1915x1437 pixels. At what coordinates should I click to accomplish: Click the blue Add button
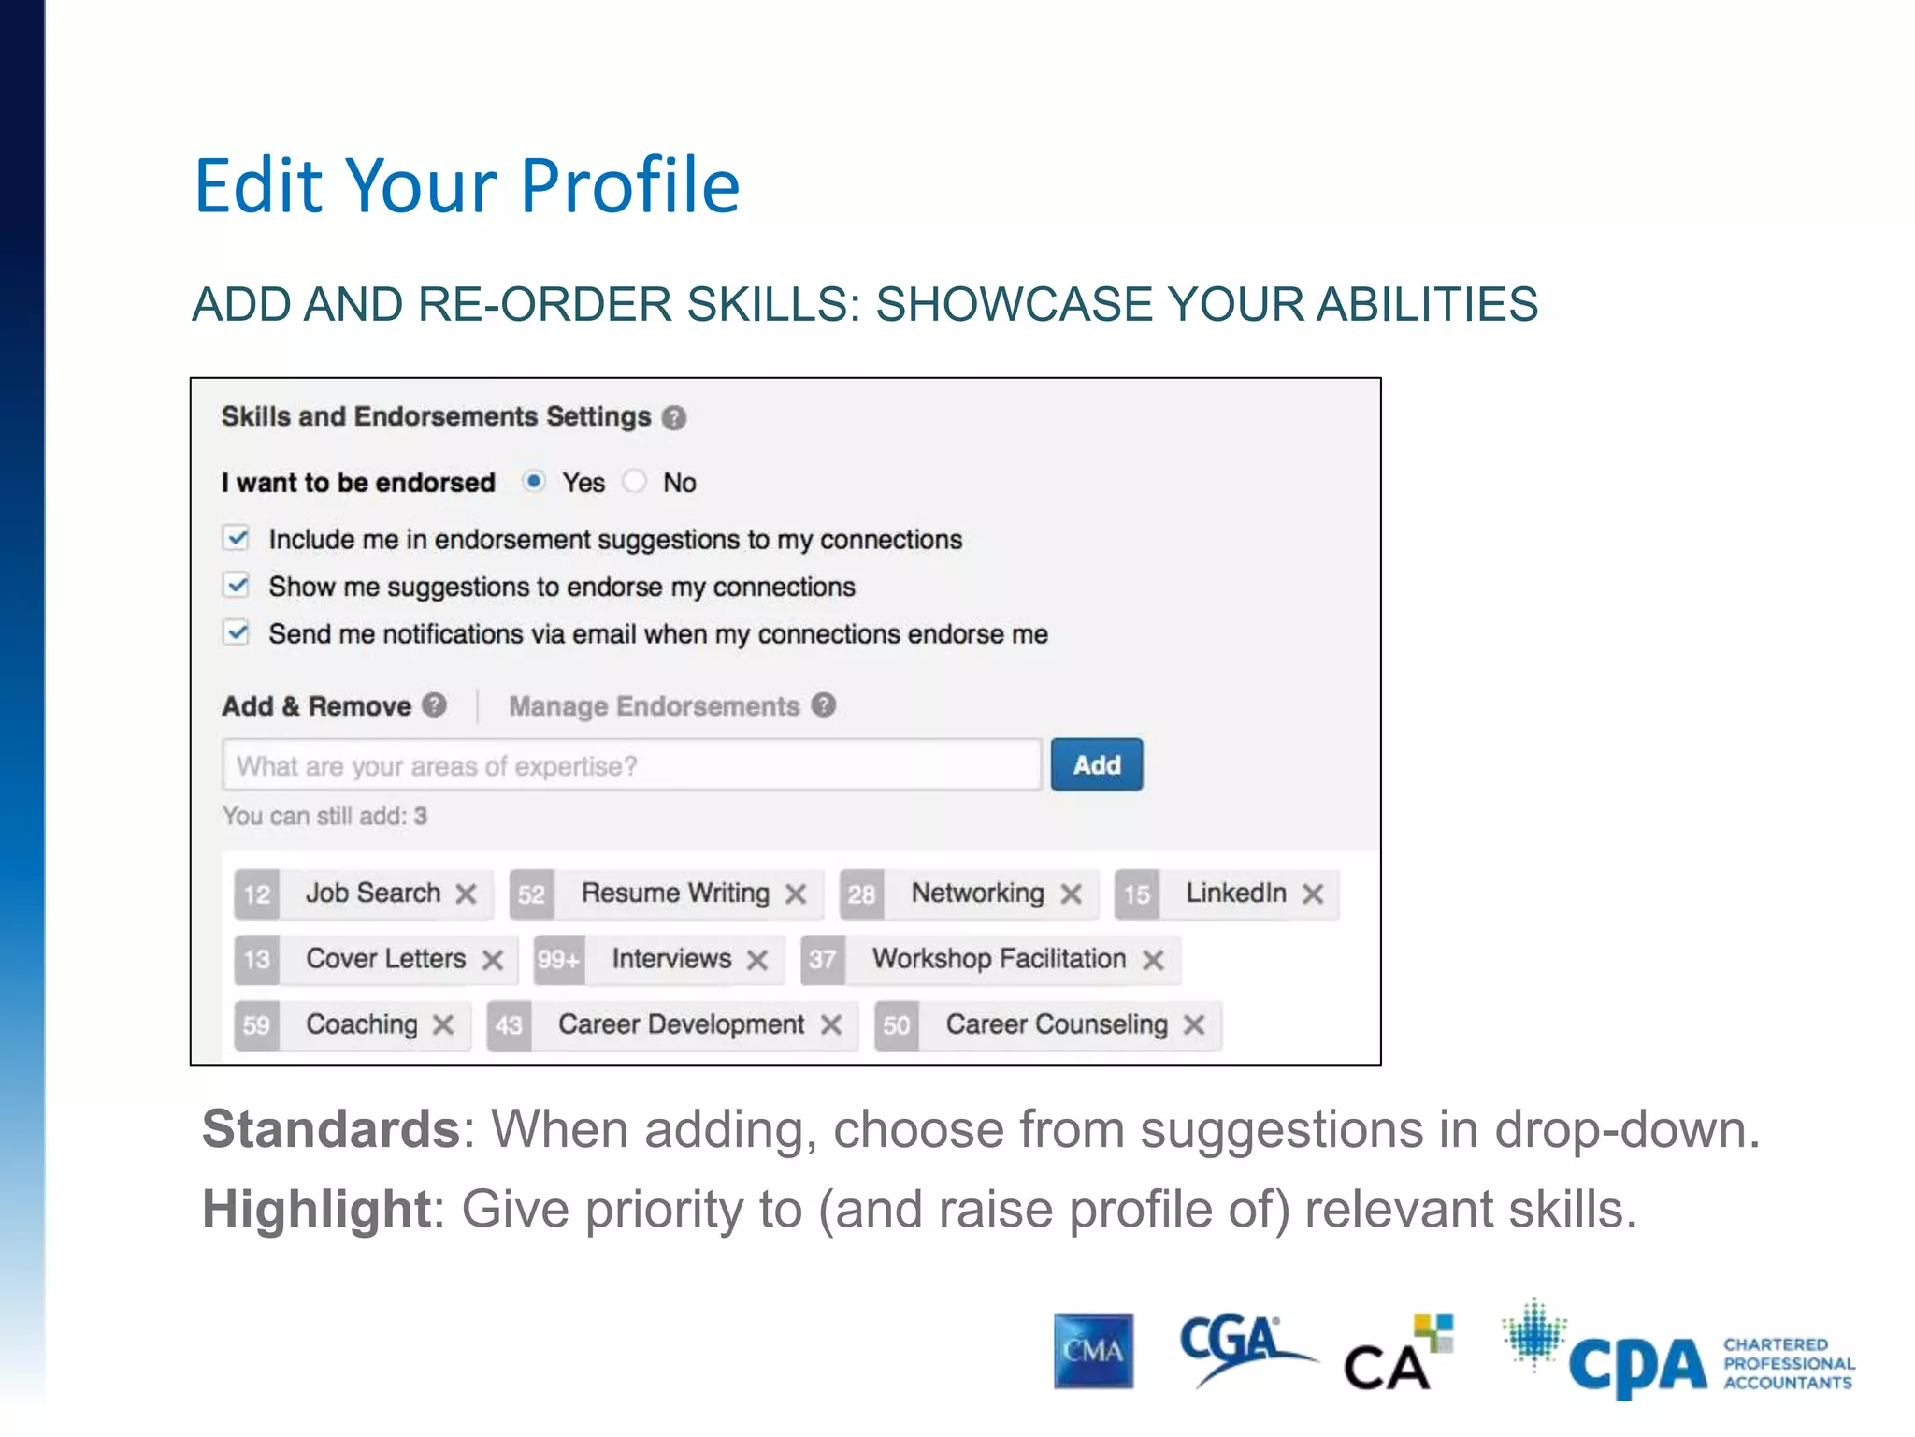coord(1096,764)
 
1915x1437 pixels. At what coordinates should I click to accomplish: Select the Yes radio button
coord(534,481)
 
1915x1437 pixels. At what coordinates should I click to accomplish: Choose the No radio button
coord(635,481)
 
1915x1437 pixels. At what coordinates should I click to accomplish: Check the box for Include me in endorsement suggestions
coord(237,538)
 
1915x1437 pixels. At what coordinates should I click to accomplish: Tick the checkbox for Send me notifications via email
coord(237,632)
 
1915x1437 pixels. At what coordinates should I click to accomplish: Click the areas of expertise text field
coord(631,765)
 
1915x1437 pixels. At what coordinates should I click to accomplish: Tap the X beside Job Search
coord(466,893)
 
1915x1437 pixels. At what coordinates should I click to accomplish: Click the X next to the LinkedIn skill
coord(1313,893)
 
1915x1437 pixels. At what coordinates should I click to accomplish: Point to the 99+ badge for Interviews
coord(558,959)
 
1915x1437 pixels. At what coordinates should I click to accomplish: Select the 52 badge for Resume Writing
coord(531,893)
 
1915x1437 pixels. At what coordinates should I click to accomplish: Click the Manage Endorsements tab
coord(654,706)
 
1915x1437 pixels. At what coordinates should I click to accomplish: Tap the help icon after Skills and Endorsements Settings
coord(673,417)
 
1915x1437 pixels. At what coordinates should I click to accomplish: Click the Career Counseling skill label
coord(1057,1024)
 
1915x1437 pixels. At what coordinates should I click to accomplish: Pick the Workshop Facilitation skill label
coord(999,959)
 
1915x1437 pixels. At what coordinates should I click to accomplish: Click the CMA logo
coord(1093,1351)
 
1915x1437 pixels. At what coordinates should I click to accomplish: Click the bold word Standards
coord(330,1129)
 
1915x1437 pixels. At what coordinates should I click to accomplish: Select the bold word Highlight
coord(316,1209)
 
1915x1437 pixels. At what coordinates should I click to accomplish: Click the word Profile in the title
coord(629,186)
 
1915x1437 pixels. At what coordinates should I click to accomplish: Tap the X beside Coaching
coord(443,1024)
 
